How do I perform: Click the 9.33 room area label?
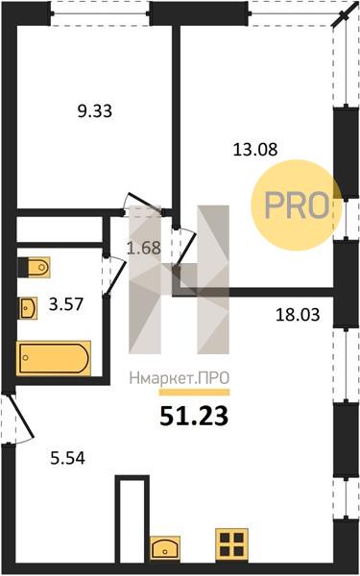coord(95,111)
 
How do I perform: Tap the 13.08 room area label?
coord(255,150)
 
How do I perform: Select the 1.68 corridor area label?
coord(144,248)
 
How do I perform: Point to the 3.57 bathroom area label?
coord(66,304)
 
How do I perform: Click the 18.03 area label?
coord(298,315)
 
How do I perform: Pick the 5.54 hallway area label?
coord(67,458)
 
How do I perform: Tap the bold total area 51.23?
coord(194,417)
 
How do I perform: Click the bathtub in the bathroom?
coord(54,358)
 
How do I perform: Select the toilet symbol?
coord(34,267)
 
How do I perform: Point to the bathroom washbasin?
coord(28,308)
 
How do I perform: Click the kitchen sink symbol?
coord(165,548)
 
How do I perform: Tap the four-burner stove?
coord(231,544)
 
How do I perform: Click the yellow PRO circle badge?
coord(297,205)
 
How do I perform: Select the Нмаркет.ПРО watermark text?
coord(180,378)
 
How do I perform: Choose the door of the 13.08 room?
coord(186,246)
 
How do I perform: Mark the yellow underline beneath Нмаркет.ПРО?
coord(194,393)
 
